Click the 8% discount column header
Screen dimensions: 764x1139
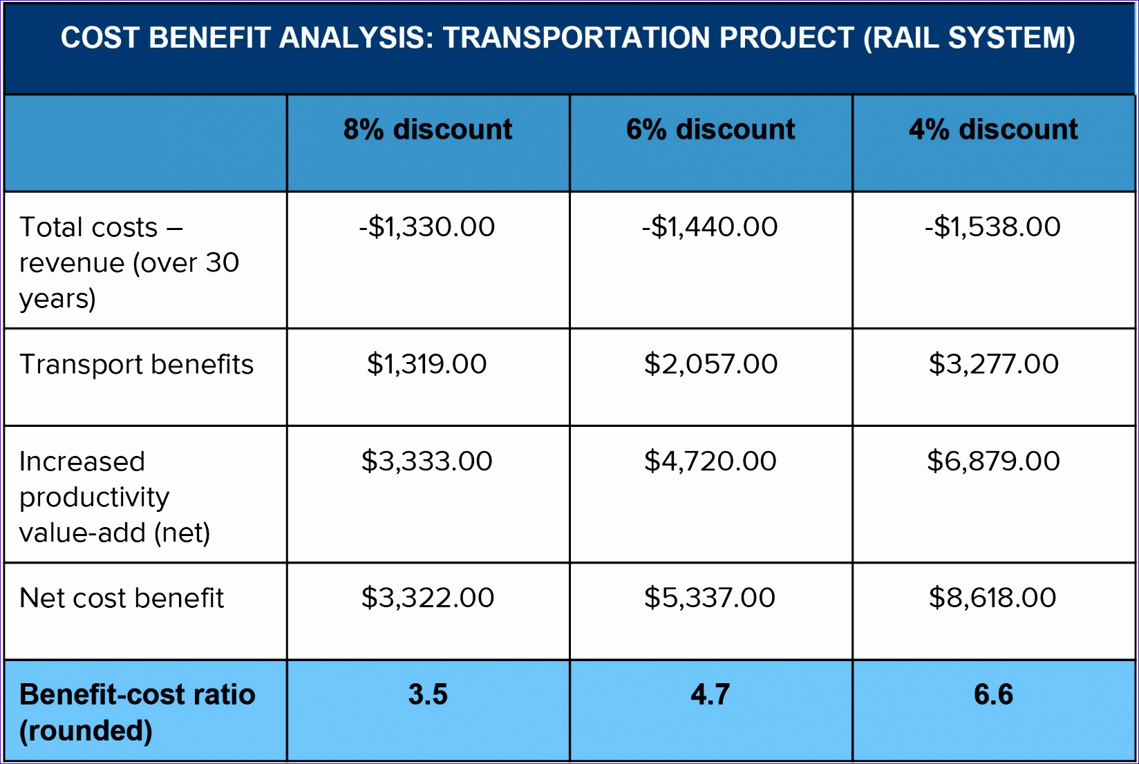click(428, 130)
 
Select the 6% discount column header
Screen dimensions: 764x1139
click(710, 130)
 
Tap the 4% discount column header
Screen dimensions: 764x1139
click(993, 130)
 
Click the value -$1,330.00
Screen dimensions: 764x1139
click(427, 227)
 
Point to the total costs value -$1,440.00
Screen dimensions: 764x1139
click(710, 227)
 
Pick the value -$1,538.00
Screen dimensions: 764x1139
click(992, 227)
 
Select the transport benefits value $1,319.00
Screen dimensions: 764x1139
click(427, 364)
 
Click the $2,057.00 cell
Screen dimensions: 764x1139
click(710, 364)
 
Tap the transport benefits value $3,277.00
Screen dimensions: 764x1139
click(993, 364)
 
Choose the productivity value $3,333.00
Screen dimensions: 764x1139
click(427, 461)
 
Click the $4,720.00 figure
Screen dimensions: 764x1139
click(710, 461)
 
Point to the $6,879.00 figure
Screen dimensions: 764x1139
click(993, 461)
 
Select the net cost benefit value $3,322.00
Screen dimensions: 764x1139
click(428, 598)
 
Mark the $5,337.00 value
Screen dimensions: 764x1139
click(710, 598)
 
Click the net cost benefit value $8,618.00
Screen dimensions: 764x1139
click(992, 598)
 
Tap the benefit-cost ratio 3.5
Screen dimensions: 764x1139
click(428, 694)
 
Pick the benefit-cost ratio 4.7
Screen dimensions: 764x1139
click(710, 694)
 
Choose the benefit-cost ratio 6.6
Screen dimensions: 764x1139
click(993, 694)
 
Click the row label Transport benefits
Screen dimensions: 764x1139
click(137, 365)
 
